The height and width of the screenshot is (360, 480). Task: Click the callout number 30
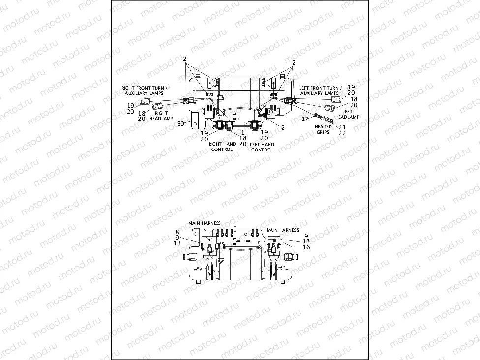(x=180, y=123)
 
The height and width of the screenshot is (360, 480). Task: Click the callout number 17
(x=305, y=119)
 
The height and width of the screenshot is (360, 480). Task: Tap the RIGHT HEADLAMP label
(x=159, y=115)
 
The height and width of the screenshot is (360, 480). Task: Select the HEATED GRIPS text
(x=323, y=129)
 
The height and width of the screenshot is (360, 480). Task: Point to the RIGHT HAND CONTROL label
(x=221, y=147)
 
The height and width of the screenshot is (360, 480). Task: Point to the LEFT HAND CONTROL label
(x=262, y=147)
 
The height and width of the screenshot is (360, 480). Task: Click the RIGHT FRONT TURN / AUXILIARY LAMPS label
(x=145, y=90)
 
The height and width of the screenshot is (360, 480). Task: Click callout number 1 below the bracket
(x=242, y=132)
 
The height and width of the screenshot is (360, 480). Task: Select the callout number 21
(x=342, y=127)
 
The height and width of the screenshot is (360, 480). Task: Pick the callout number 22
(x=342, y=133)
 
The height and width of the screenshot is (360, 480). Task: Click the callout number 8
(x=177, y=231)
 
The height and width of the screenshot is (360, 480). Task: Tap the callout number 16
(x=306, y=247)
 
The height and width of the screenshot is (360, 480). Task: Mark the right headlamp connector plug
(x=157, y=105)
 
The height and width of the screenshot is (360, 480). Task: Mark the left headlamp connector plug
(x=330, y=107)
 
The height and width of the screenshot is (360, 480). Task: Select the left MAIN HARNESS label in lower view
(x=205, y=223)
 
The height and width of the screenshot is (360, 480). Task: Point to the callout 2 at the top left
(x=185, y=59)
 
